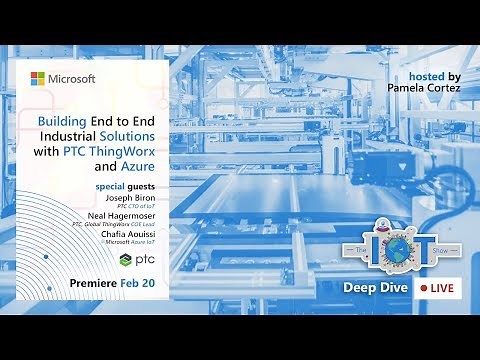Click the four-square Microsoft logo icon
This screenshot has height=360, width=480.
38,78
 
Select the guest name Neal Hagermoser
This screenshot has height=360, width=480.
123,217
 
